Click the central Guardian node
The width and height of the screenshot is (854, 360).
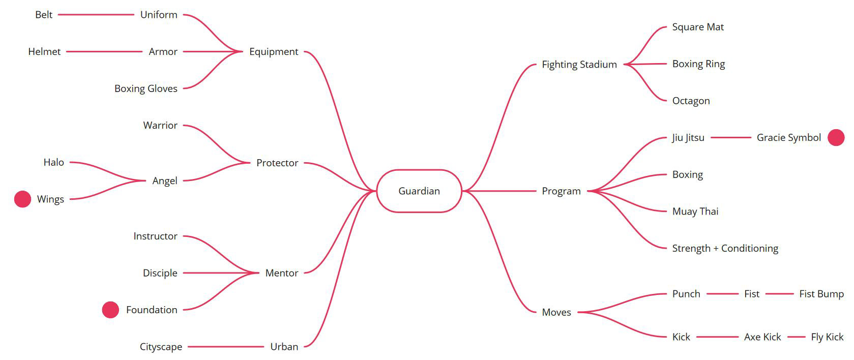(419, 191)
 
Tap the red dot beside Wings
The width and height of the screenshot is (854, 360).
(22, 199)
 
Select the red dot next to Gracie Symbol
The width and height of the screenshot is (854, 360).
(836, 137)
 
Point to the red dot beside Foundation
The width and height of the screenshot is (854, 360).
(110, 310)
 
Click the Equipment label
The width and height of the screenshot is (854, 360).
(274, 51)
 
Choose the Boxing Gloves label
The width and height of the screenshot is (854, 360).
(146, 88)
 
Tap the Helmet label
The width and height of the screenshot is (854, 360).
(44, 51)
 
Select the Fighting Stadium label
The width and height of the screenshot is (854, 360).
(579, 65)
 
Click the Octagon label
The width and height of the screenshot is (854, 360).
(691, 101)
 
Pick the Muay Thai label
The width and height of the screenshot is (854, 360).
(695, 212)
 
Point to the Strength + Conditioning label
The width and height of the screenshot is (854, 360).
(725, 248)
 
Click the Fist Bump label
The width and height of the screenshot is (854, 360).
(821, 294)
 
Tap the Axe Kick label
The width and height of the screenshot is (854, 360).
(762, 337)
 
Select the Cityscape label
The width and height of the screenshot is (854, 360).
(161, 347)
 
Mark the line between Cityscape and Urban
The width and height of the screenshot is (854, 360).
(226, 347)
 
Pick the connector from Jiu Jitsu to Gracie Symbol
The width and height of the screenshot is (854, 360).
(730, 137)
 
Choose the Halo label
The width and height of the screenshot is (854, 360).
(53, 162)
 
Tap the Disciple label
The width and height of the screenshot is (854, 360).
(160, 273)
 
